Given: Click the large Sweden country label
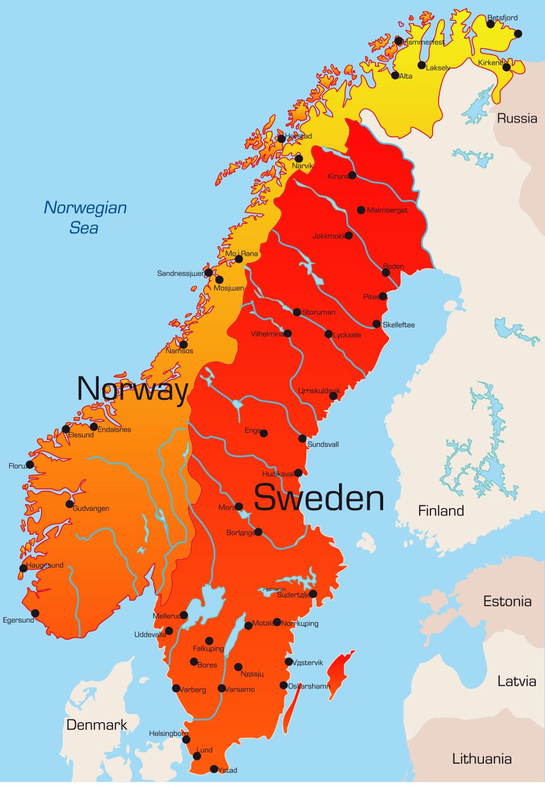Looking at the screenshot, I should click(319, 498).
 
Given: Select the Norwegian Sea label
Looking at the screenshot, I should click(85, 217).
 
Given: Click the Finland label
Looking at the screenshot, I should click(441, 511).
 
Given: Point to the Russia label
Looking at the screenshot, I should click(517, 118).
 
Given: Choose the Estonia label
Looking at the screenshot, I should click(507, 601).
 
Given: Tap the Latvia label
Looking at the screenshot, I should click(516, 681).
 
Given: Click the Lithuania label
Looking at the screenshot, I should click(482, 758).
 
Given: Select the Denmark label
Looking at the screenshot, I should click(96, 725).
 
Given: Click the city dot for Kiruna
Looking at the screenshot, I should click(353, 175).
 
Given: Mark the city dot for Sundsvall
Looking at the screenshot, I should click(302, 438).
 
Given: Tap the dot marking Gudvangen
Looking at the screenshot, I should click(70, 504).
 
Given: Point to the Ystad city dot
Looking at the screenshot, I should click(214, 769).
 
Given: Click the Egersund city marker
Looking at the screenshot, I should click(35, 613).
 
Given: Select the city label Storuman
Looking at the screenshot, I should click(318, 312).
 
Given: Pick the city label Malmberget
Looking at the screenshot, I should click(387, 210).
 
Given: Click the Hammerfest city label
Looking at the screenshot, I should click(423, 42).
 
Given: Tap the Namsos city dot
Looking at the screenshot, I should click(184, 344).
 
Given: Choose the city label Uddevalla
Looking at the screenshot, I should click(150, 635).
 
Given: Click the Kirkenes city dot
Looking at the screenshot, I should click(506, 67).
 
